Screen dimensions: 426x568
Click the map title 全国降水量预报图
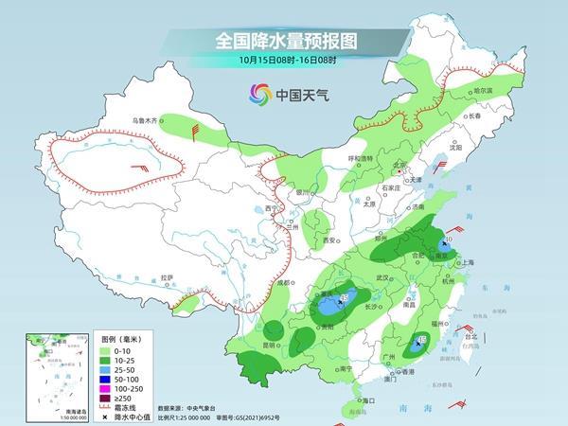pos(284,41)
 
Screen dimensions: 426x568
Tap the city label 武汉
pos(382,277)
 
